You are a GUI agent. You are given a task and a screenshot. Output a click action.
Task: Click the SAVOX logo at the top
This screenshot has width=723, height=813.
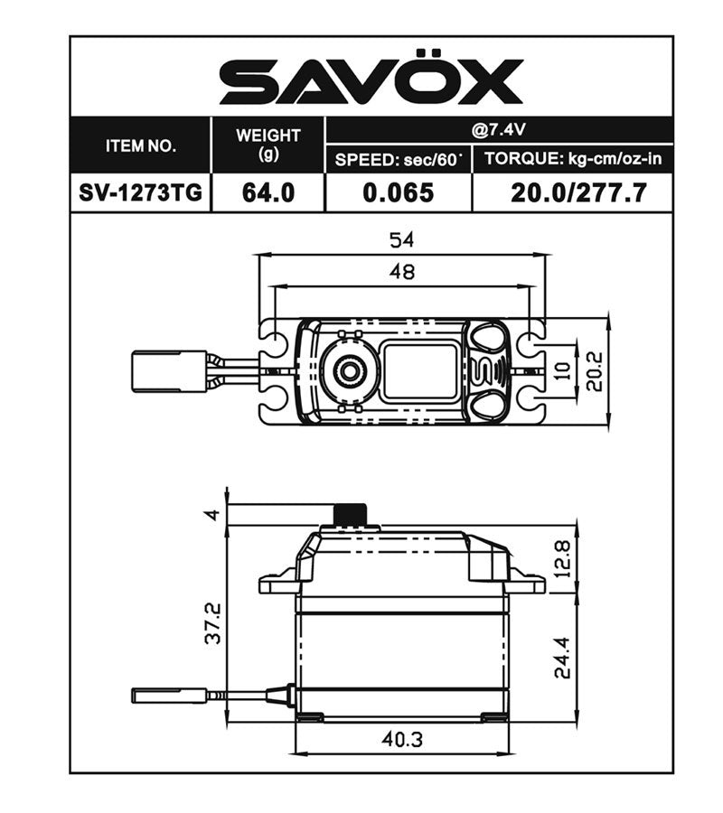371,81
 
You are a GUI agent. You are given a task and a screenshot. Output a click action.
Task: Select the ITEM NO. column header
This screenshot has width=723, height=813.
141,145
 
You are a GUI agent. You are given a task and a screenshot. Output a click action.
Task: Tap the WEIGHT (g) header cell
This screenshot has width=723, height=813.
268,145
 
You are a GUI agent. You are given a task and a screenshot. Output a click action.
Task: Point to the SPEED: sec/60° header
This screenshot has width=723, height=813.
398,160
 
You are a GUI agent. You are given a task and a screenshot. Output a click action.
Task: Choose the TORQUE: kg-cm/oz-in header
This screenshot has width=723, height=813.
572,160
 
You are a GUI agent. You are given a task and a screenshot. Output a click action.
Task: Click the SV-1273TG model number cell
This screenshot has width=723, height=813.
141,192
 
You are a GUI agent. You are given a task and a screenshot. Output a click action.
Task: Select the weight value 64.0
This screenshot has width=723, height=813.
268,192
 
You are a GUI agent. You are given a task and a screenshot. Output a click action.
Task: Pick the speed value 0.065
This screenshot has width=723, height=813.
398,192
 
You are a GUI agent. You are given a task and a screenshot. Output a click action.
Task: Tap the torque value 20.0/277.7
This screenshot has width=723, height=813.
572,192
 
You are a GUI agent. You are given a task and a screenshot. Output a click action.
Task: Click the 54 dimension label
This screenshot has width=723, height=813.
402,240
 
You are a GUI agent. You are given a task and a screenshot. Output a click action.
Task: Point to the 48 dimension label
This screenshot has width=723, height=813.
402,272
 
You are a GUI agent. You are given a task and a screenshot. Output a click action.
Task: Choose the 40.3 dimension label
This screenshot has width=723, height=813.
402,738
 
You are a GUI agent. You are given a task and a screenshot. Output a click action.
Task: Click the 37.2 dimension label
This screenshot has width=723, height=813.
211,624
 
